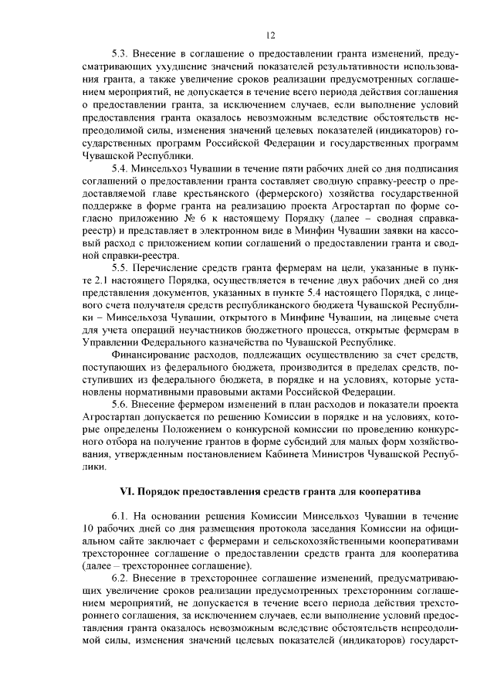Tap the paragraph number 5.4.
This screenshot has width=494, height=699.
pos(120,168)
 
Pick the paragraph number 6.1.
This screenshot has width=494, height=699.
pos(120,515)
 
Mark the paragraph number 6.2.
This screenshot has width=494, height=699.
pos(120,578)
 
